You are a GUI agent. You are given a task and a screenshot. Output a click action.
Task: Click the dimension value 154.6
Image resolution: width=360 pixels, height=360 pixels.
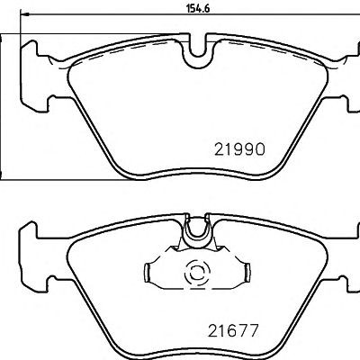pyautogui.click(x=199, y=8)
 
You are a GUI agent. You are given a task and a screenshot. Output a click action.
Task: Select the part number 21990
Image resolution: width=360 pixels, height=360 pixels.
pyautogui.click(x=240, y=149)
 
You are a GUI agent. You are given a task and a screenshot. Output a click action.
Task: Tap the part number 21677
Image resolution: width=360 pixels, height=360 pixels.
pyautogui.click(x=233, y=330)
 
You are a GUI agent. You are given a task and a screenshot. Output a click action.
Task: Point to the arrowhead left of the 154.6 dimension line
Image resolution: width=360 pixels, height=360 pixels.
pyautogui.click(x=25, y=13)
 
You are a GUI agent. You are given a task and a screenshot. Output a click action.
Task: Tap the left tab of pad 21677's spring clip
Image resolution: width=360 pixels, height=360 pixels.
pyautogui.click(x=147, y=273)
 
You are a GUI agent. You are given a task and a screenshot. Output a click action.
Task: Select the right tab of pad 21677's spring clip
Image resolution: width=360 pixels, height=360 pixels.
pyautogui.click(x=247, y=273)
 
